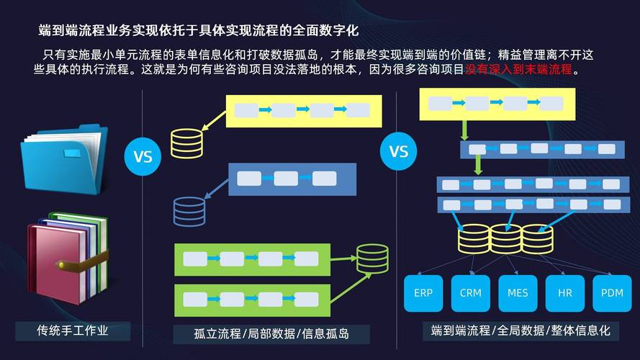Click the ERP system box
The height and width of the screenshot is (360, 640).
[x=423, y=293]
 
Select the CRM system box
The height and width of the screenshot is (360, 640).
[x=470, y=293]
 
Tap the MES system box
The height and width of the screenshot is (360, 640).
[x=518, y=293]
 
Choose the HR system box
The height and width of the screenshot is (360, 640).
[x=564, y=293]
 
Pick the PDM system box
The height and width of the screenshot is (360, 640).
[x=611, y=293]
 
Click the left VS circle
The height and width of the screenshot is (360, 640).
[x=143, y=156]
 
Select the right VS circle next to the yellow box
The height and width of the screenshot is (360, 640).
[x=398, y=152]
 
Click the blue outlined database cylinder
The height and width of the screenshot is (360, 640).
[x=189, y=211]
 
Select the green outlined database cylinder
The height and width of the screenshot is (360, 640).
[x=372, y=259]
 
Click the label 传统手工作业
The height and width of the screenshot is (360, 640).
[x=72, y=330]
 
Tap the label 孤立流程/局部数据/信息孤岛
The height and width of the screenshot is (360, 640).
[x=271, y=334]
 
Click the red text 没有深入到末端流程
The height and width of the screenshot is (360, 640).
[x=518, y=70]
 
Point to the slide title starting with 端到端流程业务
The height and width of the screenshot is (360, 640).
[x=198, y=30]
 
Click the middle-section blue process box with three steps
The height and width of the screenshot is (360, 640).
[x=292, y=179]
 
